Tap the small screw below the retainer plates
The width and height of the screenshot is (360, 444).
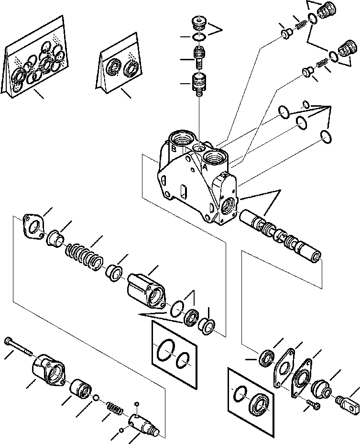coord(314,405)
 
